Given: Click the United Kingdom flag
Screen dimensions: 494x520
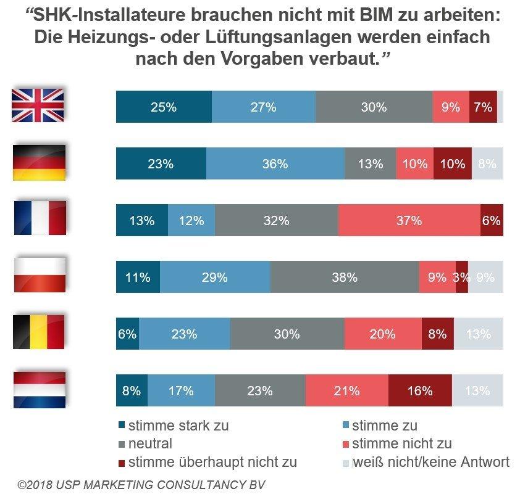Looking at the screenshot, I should click(x=38, y=105).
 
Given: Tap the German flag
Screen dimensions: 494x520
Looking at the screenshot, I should click(x=39, y=162).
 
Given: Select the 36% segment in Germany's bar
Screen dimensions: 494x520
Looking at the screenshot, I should click(x=275, y=164).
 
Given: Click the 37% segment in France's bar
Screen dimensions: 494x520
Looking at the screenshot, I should click(x=409, y=221).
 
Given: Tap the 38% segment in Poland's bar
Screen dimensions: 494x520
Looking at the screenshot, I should click(x=344, y=277).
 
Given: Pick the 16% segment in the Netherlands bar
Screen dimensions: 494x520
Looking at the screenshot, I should click(x=420, y=390).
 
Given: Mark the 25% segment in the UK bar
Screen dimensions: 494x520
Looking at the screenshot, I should click(x=164, y=107).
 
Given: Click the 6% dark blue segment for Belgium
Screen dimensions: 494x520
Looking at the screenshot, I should click(x=127, y=334).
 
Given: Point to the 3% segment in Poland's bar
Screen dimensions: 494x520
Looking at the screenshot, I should click(x=462, y=277).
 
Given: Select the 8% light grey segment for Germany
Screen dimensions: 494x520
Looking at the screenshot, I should click(x=487, y=164).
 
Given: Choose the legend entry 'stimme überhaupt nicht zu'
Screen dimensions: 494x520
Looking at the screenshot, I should click(x=207, y=462).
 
